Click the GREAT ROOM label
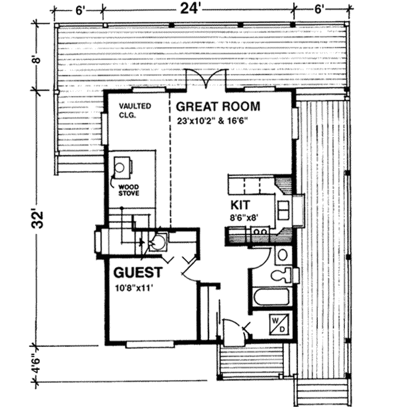point(218,107)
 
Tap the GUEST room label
point(138,273)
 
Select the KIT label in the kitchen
point(240,205)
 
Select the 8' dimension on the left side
point(37,59)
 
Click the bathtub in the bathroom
point(272,297)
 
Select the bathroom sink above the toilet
point(282,254)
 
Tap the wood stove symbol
point(122,167)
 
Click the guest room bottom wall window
point(150,344)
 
